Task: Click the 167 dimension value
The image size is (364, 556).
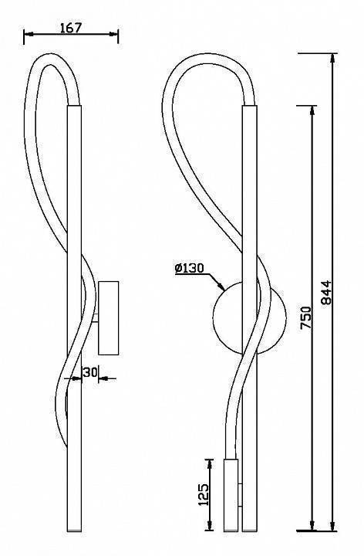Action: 71,28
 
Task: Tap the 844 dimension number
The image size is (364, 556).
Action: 325,292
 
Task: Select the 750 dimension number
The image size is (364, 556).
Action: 305,318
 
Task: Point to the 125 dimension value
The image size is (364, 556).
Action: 204,494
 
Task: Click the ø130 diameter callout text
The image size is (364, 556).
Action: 190,268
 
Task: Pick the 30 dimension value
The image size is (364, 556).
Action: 90,372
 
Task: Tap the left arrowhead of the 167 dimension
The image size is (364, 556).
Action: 28,35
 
